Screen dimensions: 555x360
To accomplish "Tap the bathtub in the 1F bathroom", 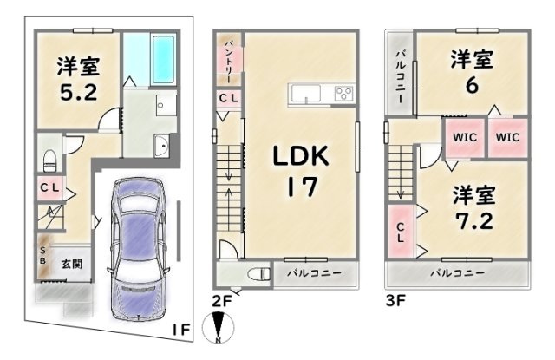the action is point(163,59).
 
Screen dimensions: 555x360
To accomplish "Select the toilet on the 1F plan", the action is point(49,160).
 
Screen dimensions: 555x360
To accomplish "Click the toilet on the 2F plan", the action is point(258,275).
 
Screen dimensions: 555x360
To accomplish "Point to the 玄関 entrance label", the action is point(72,264).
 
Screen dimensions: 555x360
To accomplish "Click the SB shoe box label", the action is point(42,256).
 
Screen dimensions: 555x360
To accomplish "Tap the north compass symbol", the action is point(218,328).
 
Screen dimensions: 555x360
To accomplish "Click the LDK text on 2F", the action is point(301,156).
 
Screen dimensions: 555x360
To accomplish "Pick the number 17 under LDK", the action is point(302,187).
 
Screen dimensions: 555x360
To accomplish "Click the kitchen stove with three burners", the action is point(343,94).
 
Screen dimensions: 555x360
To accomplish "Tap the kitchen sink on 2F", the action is point(305,94).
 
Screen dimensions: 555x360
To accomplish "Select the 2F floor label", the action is point(221,301).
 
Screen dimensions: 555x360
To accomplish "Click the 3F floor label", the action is point(395,301).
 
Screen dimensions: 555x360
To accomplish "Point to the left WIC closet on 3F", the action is point(465,137).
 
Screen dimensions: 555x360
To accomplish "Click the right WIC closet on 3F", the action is point(507,137).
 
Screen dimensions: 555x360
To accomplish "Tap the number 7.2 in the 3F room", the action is point(473,221).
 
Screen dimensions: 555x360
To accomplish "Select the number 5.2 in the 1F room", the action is point(78,93).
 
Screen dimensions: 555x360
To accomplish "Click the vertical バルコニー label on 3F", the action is point(400,77).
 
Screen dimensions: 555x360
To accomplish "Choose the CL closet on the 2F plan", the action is point(229,98).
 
